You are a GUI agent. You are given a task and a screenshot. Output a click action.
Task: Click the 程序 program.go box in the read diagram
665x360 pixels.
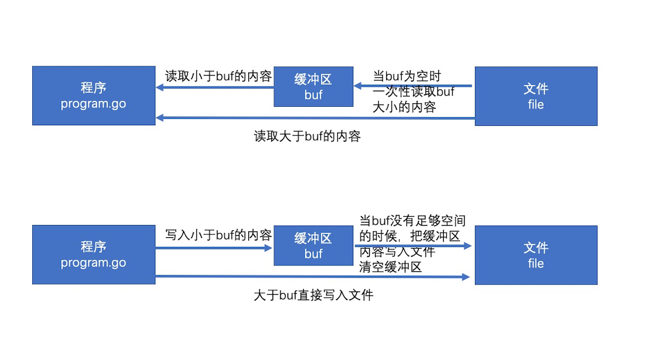(x=94, y=96)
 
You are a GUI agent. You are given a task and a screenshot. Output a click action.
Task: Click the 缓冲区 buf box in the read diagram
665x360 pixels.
(x=313, y=87)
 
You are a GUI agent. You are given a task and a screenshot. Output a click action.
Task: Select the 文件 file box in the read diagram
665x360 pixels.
(x=536, y=96)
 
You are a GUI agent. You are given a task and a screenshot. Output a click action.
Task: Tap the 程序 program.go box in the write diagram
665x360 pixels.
(x=94, y=254)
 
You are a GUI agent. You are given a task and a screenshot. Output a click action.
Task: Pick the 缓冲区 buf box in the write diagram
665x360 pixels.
(x=313, y=245)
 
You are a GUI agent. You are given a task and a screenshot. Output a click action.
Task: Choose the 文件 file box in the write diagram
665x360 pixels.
(x=536, y=255)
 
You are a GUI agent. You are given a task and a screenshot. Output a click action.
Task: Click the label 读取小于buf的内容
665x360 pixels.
(x=218, y=76)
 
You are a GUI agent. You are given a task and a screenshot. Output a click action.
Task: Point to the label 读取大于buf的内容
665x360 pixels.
(x=307, y=137)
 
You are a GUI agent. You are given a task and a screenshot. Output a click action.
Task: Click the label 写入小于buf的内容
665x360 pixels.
(x=218, y=235)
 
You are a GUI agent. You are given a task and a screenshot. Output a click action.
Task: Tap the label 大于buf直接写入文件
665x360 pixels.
(x=313, y=295)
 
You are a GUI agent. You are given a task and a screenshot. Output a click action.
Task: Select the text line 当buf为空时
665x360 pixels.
(x=407, y=76)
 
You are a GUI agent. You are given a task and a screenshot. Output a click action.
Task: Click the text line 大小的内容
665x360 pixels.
(x=404, y=107)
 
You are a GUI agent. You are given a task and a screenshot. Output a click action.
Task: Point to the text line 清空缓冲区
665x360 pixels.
(x=390, y=267)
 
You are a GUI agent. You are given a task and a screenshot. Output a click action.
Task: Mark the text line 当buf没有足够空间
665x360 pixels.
(x=412, y=220)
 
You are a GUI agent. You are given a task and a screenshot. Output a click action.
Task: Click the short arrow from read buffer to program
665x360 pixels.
(x=214, y=88)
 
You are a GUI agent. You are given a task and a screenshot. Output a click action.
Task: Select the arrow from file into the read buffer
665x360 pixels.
(x=413, y=87)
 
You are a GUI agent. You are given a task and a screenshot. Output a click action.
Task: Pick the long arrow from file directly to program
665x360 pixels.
(x=315, y=118)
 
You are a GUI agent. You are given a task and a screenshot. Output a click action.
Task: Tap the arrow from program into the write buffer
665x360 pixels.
(x=214, y=248)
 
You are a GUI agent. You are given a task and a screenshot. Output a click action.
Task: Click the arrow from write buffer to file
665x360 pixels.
(x=413, y=246)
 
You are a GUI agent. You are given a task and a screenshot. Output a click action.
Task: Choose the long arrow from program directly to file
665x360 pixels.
(x=315, y=277)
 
